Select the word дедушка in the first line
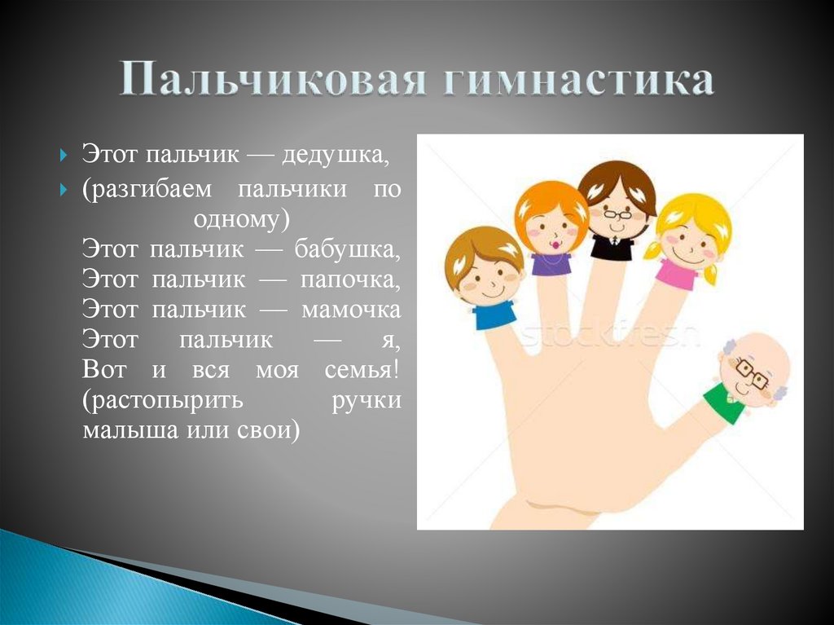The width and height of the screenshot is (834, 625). pos(342,154)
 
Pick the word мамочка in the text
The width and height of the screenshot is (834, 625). pos(351,310)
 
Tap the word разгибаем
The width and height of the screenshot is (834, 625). pos(154,189)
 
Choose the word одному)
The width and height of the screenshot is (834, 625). pos(241,219)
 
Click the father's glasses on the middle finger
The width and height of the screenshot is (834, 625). pos(617,215)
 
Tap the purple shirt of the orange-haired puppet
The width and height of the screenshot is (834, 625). pos(551,263)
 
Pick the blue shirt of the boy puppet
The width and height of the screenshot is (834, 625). pos(494,314)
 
